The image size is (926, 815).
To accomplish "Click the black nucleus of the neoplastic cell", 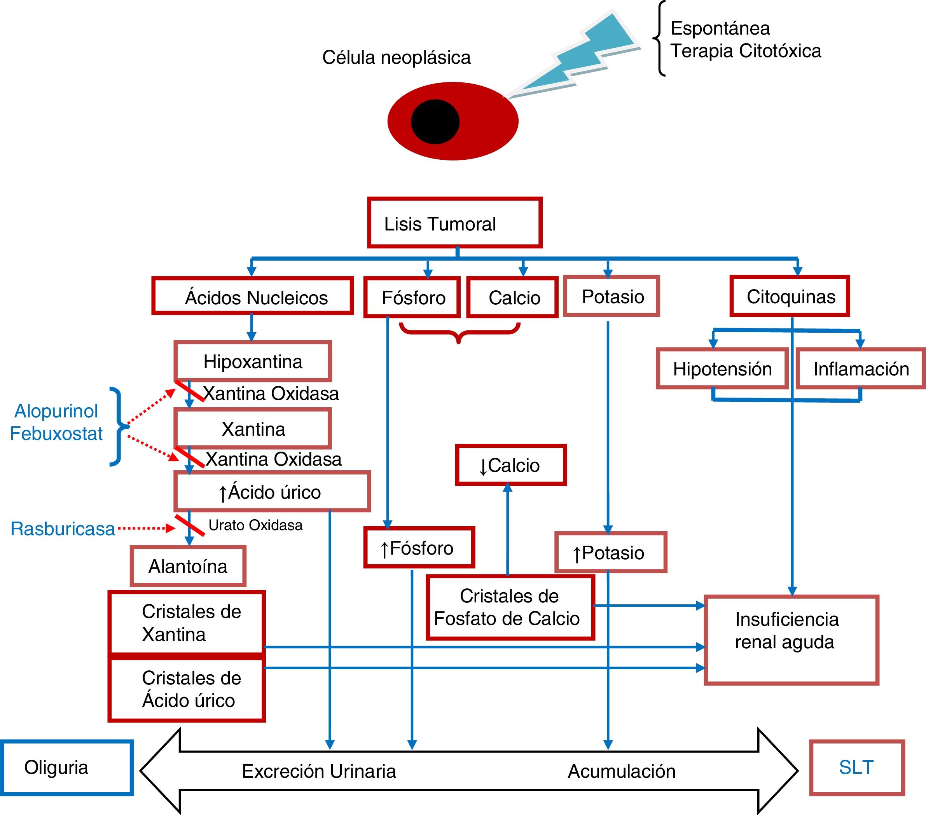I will (x=435, y=121).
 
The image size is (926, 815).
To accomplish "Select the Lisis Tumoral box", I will (x=454, y=223).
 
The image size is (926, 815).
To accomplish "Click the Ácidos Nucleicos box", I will (x=252, y=296).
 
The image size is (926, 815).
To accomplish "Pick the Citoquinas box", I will (x=790, y=296).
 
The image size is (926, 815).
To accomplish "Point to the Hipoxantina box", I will (x=253, y=361).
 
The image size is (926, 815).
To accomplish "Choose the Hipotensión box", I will (x=722, y=368).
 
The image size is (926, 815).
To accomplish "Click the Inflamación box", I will (x=860, y=368).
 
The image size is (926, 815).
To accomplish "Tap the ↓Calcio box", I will (x=510, y=465).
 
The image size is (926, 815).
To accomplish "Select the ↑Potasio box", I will (x=610, y=552).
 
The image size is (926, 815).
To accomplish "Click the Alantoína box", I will (x=188, y=566).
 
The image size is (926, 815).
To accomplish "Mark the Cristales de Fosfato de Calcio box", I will (x=510, y=607).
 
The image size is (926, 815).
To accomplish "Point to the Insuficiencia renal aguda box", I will (x=791, y=640).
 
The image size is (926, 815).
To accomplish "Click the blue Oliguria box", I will (x=66, y=768).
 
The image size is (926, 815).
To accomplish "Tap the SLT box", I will (x=856, y=768).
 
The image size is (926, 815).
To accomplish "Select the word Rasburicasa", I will (x=63, y=529).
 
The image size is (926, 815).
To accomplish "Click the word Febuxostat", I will (x=56, y=434).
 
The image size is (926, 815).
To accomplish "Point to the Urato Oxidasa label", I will (x=255, y=525).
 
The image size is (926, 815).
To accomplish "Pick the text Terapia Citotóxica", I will (x=746, y=51).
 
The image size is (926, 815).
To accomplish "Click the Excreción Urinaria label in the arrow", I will (x=318, y=771).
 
